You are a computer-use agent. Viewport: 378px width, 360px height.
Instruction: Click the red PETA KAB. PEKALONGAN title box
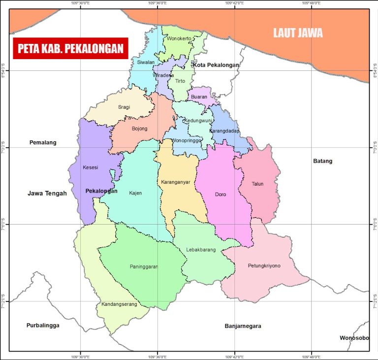(x=70, y=48)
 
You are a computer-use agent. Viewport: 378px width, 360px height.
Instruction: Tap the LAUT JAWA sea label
(x=298, y=33)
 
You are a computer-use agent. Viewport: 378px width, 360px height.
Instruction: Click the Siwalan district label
(x=146, y=63)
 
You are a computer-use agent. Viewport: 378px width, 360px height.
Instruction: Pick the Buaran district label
(x=199, y=97)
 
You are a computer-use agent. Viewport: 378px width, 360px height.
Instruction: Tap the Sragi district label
(x=124, y=107)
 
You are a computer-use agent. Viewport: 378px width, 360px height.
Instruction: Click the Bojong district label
(x=139, y=129)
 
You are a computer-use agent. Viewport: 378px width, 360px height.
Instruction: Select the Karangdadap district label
(x=224, y=131)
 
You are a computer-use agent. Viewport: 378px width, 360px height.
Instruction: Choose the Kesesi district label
(x=90, y=167)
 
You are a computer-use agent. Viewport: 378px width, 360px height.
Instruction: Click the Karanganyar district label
(x=175, y=182)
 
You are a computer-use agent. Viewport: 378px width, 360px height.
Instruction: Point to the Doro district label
(x=220, y=195)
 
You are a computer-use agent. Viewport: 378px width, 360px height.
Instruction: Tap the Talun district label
(x=257, y=184)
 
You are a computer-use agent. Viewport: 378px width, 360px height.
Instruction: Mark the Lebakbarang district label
(x=201, y=250)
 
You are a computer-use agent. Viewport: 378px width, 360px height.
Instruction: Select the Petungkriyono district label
(x=264, y=266)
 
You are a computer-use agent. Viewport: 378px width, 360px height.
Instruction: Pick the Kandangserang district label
(x=118, y=304)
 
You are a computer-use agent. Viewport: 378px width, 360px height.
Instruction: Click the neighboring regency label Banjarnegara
(x=243, y=326)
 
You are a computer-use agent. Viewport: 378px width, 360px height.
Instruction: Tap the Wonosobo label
(x=354, y=338)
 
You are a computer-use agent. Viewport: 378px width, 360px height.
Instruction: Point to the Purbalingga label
(x=43, y=326)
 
